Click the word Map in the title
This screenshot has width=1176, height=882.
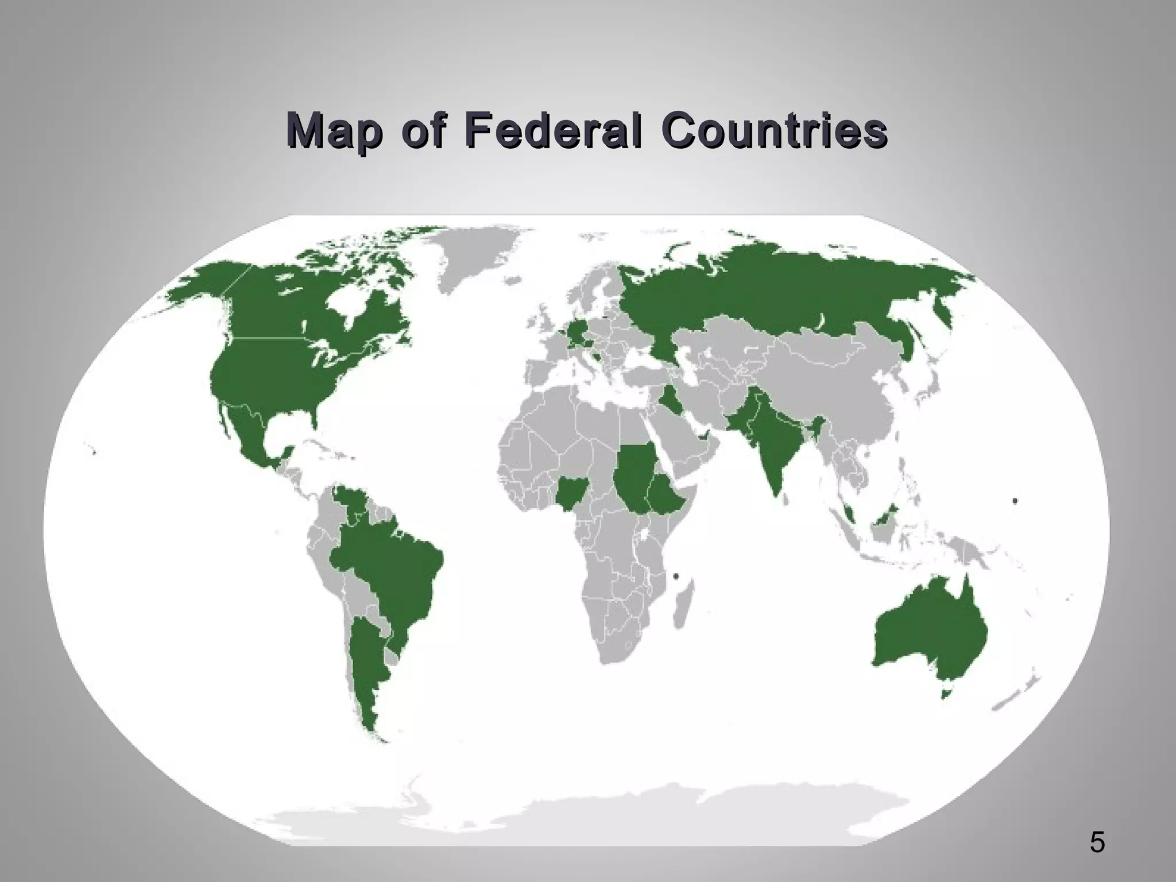point(334,132)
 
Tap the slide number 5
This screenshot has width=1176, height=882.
point(1097,843)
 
